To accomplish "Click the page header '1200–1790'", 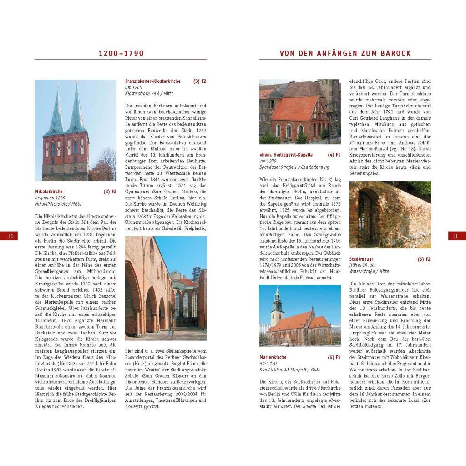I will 121,53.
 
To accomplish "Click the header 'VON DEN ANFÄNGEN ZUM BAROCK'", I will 345,53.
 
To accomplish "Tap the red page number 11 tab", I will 456,236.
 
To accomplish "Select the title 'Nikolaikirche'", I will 49,192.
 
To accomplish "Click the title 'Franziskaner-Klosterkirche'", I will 152,81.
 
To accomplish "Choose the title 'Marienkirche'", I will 273,357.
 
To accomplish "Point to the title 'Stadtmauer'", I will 362,259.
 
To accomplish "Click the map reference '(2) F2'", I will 110,192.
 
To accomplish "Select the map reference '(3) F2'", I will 200,81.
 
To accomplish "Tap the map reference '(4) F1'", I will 334,155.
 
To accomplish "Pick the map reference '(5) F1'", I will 334,357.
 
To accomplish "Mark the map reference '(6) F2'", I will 424,259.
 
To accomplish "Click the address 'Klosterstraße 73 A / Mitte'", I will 149,94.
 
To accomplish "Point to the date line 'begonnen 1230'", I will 50,198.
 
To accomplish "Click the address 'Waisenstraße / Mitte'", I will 369,272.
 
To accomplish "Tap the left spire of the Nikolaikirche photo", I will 57,109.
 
